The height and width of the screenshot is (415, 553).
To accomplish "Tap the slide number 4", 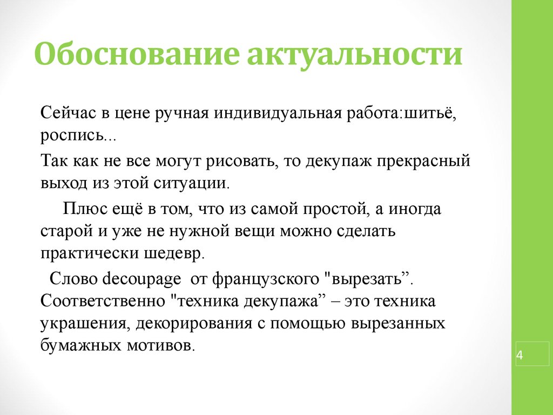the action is (520, 354).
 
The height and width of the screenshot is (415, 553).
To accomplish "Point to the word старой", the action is (66, 232).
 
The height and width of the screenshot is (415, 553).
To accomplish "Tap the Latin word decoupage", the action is (141, 279).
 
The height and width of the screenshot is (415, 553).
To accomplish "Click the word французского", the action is (266, 279).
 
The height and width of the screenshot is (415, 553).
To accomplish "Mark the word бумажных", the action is (81, 345).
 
